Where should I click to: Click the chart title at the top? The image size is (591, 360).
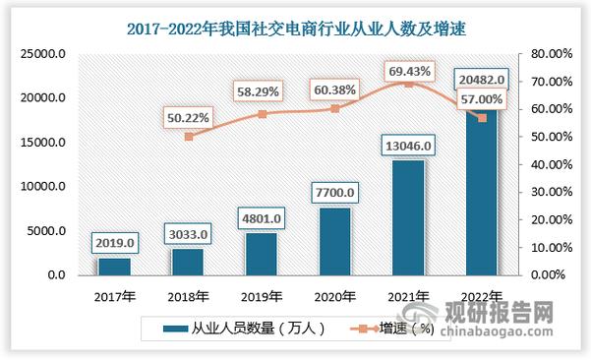click(x=294, y=29)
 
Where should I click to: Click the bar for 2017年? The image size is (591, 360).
click(x=113, y=266)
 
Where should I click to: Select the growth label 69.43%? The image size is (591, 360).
click(x=410, y=69)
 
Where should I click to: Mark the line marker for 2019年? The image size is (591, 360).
click(x=262, y=114)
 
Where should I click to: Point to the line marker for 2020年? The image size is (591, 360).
click(x=336, y=108)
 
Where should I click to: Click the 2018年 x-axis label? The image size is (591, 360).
click(x=187, y=295)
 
